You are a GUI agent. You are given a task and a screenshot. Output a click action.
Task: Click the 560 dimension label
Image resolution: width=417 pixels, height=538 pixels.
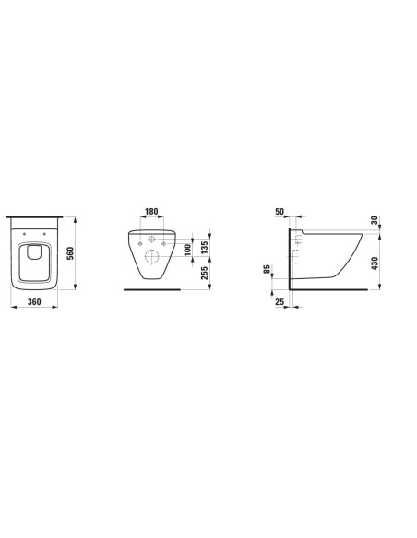[x=70, y=253]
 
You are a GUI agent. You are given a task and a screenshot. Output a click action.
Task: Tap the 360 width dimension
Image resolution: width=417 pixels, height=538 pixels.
[x=34, y=301]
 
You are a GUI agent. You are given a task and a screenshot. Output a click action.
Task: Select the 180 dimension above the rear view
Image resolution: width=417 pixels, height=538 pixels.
[x=151, y=211]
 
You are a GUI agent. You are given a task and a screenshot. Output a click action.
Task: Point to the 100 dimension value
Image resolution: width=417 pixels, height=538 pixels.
[x=187, y=250]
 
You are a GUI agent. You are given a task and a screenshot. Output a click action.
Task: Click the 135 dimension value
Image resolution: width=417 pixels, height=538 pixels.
[x=204, y=248]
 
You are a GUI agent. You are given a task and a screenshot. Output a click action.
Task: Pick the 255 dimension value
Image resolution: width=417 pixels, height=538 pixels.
[x=204, y=273]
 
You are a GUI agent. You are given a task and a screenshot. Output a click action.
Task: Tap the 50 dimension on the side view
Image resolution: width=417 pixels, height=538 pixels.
[x=280, y=211]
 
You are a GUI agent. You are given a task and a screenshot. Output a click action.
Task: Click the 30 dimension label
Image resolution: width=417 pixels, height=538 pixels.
[x=375, y=220]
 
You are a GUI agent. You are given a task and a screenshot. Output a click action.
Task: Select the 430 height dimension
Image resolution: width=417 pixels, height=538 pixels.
[x=375, y=263]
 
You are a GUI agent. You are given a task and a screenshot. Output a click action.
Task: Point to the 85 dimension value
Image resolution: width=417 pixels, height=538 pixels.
[x=268, y=269]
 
